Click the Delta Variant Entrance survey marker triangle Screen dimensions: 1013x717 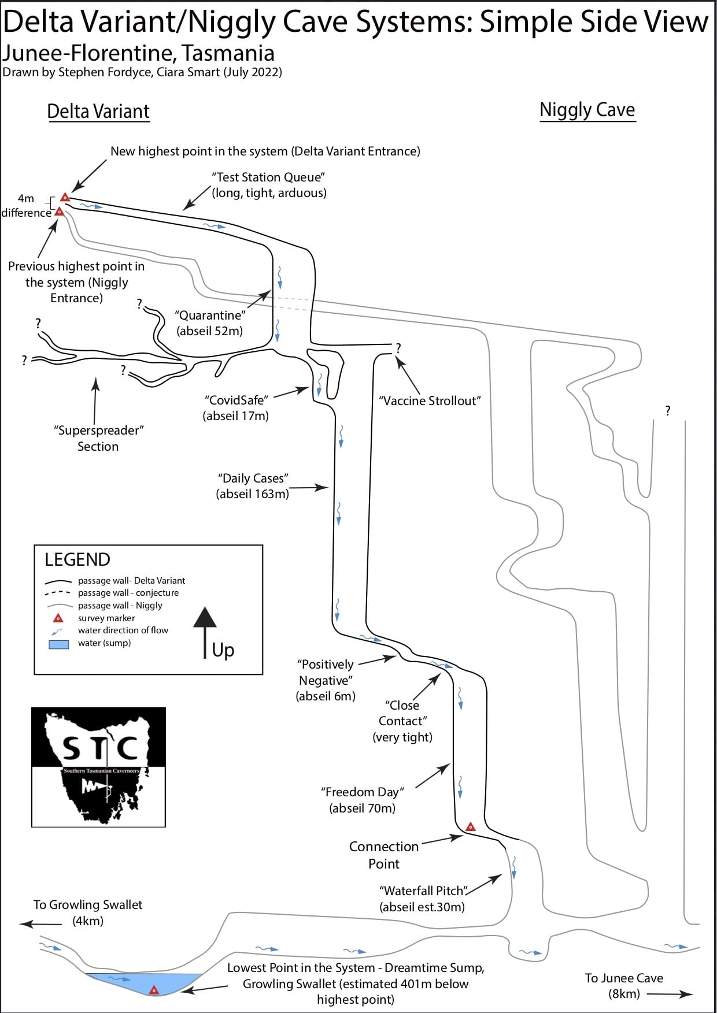click(65, 198)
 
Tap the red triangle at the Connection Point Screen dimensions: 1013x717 click(471, 827)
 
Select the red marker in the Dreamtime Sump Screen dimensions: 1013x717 click(154, 990)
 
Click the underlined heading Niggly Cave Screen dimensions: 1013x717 click(587, 110)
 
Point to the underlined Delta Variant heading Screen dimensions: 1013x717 click(98, 111)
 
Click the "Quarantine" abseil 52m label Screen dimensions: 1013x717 click(210, 323)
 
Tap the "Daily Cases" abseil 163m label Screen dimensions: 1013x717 click(253, 486)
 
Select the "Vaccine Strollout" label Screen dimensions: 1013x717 click(430, 400)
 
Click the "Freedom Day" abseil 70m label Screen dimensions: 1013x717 click(363, 800)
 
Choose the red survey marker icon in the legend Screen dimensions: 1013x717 click(58, 618)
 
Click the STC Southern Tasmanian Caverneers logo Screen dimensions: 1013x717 click(98, 767)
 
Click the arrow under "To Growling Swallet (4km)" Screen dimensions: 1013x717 click(40, 924)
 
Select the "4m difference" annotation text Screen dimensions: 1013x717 click(26, 206)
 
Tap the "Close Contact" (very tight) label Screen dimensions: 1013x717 click(402, 721)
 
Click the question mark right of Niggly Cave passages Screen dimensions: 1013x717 click(668, 411)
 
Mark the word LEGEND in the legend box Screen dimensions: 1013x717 click(77, 559)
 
